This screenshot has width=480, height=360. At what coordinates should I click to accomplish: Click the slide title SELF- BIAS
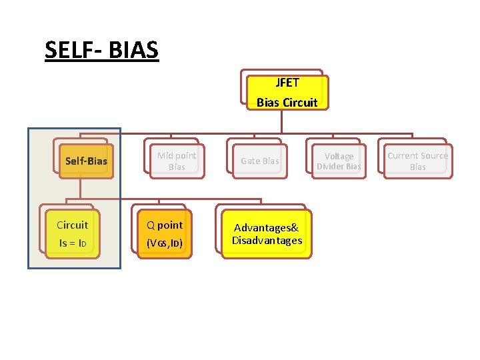tap(101, 49)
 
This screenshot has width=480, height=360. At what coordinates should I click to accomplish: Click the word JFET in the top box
tap(287, 83)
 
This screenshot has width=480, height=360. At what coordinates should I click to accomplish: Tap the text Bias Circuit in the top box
tap(287, 103)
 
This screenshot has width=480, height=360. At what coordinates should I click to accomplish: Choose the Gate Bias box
tap(260, 161)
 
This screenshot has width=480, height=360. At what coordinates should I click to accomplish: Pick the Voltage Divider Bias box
tap(339, 161)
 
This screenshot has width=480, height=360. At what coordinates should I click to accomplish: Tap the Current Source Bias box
tap(418, 161)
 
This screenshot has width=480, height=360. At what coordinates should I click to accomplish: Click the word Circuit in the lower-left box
tap(72, 225)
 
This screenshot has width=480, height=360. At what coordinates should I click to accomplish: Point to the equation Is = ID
tap(72, 243)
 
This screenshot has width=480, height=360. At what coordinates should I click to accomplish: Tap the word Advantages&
tap(267, 228)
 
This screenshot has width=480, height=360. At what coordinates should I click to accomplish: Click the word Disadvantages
tap(267, 240)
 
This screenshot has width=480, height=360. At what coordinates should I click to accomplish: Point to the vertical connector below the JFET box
tap(282, 120)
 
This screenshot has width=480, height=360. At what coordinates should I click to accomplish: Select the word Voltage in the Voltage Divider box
tap(339, 156)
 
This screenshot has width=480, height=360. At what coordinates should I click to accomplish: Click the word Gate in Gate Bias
tap(250, 161)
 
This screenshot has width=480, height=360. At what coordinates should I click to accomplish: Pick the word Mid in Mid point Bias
tap(165, 155)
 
